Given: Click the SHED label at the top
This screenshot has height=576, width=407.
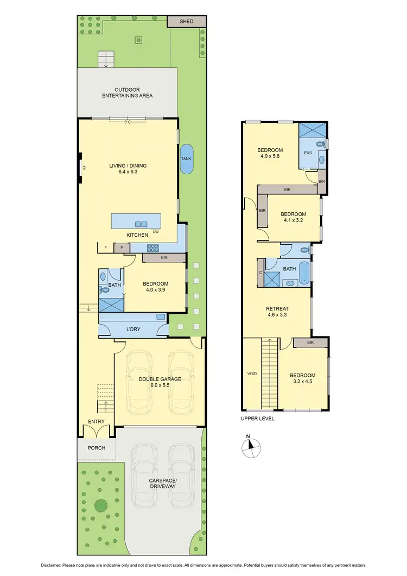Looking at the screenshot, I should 186,21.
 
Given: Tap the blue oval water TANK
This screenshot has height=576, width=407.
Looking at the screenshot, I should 186,159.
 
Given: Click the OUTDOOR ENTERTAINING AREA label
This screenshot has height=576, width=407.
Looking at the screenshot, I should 127,92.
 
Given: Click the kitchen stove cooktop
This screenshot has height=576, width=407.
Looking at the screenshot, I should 154,248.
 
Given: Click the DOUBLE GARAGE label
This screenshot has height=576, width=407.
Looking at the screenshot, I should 160,379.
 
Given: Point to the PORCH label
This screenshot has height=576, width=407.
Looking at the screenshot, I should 95,448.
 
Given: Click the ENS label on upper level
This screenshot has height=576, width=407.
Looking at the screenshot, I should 308,153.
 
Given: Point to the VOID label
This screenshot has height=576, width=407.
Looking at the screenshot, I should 252,374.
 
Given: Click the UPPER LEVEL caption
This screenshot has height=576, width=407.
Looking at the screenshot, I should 258,419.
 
